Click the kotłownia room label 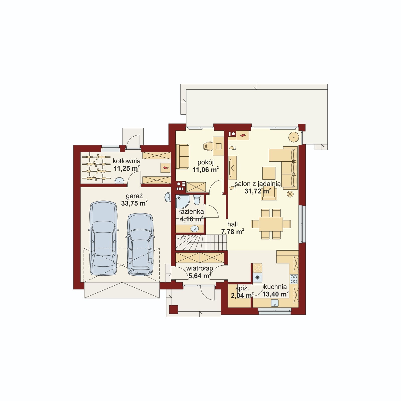127,161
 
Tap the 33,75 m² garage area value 134,203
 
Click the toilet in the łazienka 197,200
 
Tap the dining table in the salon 271,224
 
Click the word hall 233,224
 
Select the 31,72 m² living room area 258,191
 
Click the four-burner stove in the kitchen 294,279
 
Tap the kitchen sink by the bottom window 275,303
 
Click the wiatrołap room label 199,268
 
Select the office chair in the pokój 208,146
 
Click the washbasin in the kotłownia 120,180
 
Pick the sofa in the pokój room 182,156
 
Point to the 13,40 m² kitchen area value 275,294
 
